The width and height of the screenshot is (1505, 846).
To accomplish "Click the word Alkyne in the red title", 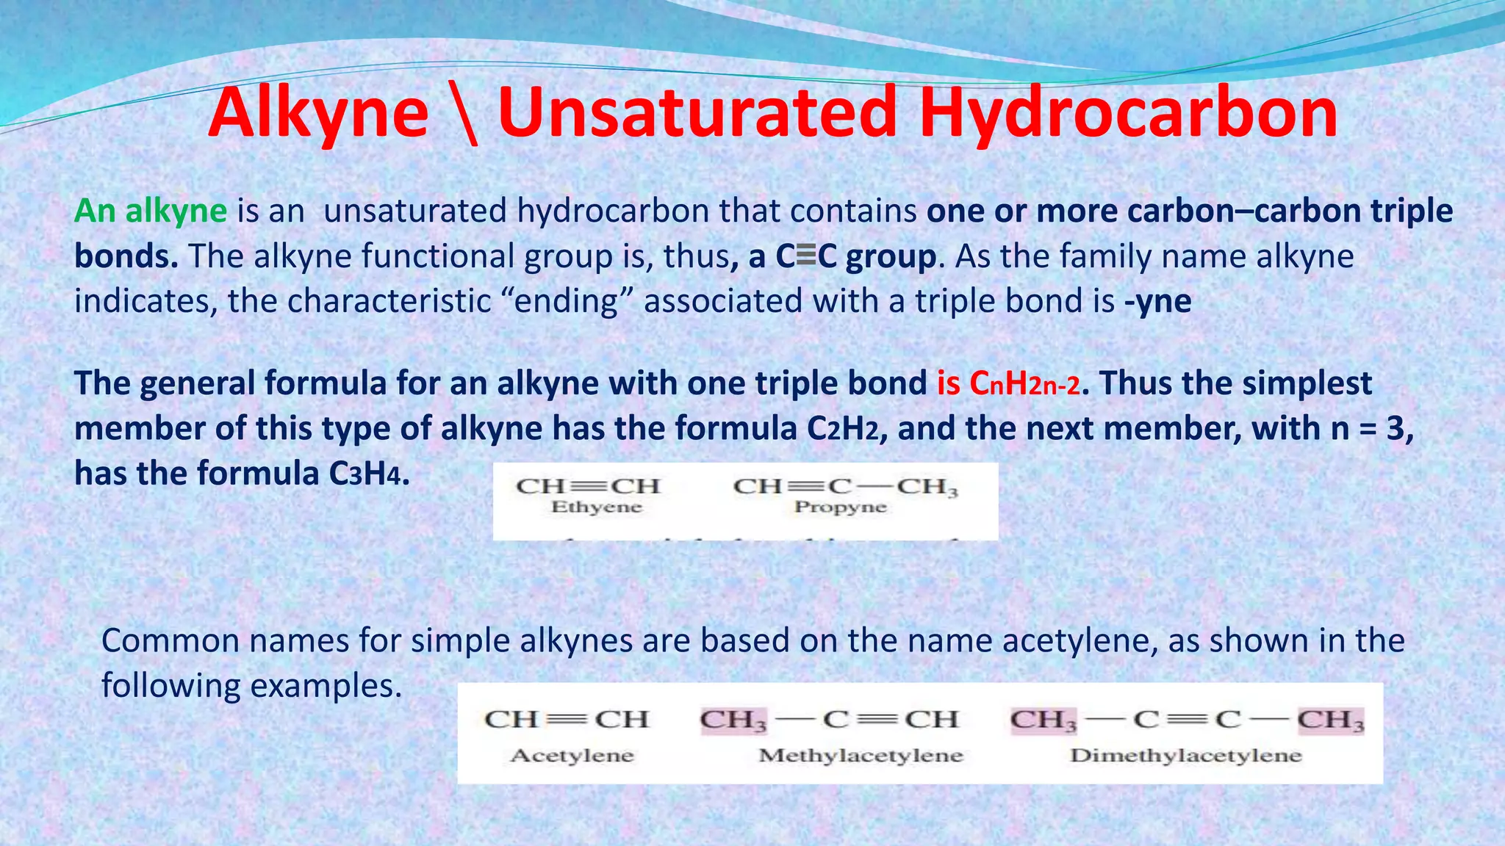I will pos(318,114).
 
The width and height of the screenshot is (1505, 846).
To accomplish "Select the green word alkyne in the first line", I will pos(176,211).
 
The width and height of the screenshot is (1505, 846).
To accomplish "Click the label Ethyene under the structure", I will pos(597,507).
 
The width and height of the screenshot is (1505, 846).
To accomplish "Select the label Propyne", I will pos(841,507).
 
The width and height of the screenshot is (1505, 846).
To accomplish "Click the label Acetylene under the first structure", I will pos(572,755).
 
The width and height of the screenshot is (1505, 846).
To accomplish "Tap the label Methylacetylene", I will pos(861,755).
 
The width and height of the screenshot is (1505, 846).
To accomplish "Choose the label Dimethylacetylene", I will pos(1185,755).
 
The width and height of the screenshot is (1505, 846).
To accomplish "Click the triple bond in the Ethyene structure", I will pos(589,486).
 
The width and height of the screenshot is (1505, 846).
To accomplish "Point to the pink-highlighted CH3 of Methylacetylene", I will pos(733,720).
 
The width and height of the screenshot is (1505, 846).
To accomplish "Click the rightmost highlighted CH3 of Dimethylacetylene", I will pos(1330,720).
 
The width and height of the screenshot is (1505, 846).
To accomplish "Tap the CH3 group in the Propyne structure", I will pos(927,486).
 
